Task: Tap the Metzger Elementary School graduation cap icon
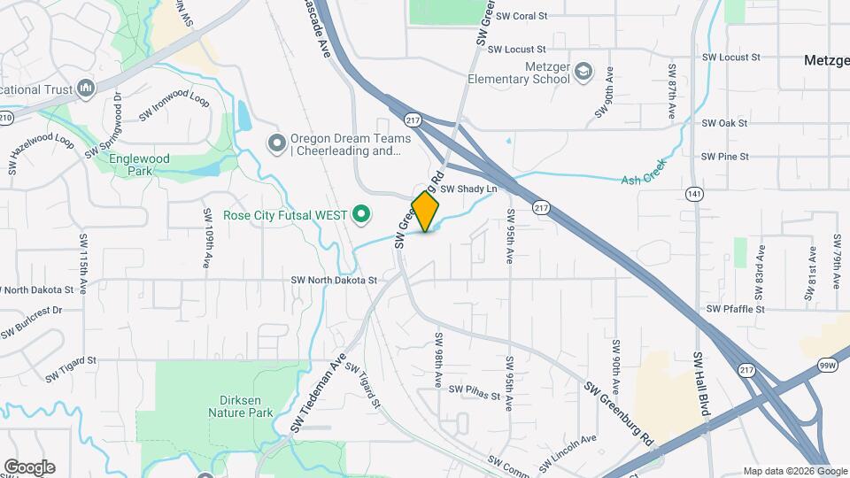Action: coord(583,71)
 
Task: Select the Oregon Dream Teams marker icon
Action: coord(276,142)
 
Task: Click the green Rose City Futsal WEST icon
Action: coord(361,213)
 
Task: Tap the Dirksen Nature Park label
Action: coord(241,406)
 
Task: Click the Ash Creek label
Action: coord(643,178)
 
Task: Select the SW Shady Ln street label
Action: coord(470,189)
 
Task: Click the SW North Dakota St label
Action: coord(334,281)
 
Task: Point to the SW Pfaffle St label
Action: coord(735,309)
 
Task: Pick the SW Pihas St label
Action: coord(474,389)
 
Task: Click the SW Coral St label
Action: coord(522,16)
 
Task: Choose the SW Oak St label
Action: coord(725,123)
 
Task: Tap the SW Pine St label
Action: coord(725,157)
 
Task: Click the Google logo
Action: coord(29,467)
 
